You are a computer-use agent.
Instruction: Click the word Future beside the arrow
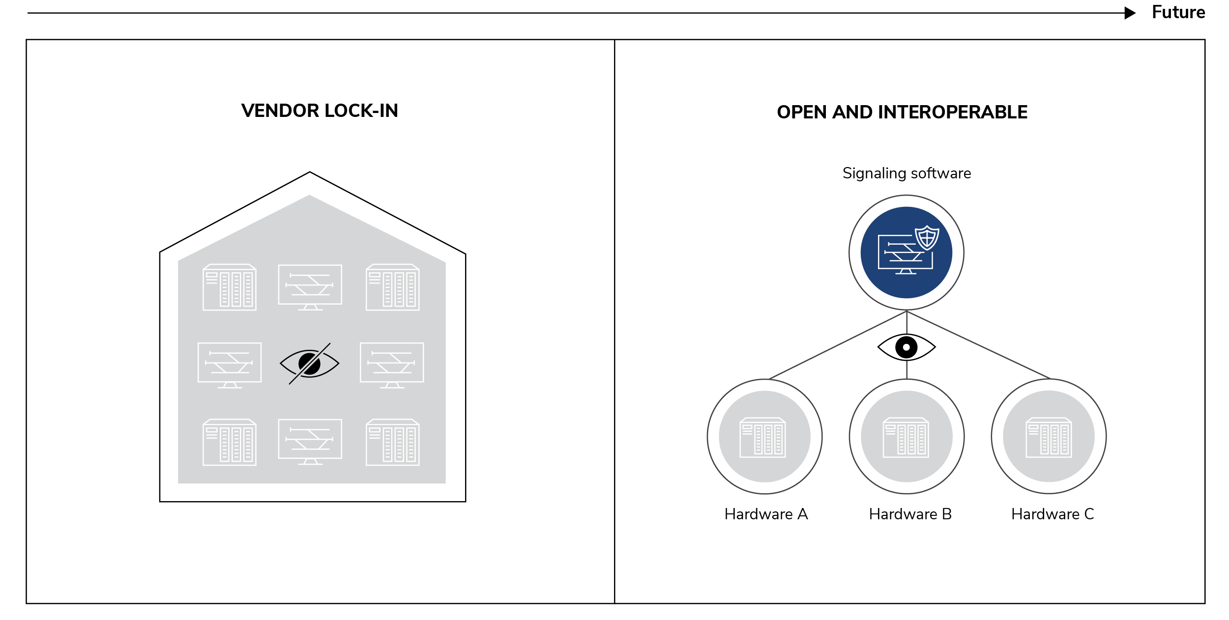pos(1178,12)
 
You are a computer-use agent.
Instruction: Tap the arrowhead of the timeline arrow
pos(1130,13)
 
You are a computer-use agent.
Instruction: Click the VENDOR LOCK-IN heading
pos(320,111)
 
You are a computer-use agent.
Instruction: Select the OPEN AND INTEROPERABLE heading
pos(902,113)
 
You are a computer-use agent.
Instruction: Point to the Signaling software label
pos(907,173)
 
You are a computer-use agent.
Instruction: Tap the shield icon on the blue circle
pos(927,238)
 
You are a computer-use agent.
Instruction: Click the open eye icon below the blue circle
pos(907,347)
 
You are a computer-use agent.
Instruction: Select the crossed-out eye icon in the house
pos(310,364)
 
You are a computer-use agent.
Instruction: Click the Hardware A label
pos(766,514)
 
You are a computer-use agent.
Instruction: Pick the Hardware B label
pos(910,514)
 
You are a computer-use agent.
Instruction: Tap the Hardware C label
pos(1053,514)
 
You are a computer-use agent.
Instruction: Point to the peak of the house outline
pos(310,172)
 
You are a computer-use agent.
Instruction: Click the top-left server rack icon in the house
pos(230,287)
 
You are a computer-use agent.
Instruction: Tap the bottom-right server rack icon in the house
pos(393,442)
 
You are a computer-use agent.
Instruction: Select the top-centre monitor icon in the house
pos(310,287)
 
